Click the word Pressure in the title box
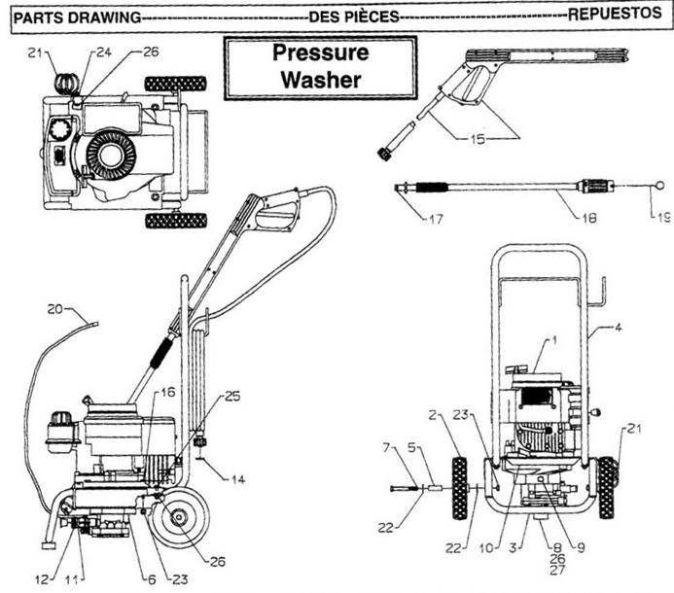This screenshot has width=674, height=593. click(320, 53)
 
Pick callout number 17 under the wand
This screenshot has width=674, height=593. click(434, 219)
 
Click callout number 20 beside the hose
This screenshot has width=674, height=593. click(55, 310)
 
